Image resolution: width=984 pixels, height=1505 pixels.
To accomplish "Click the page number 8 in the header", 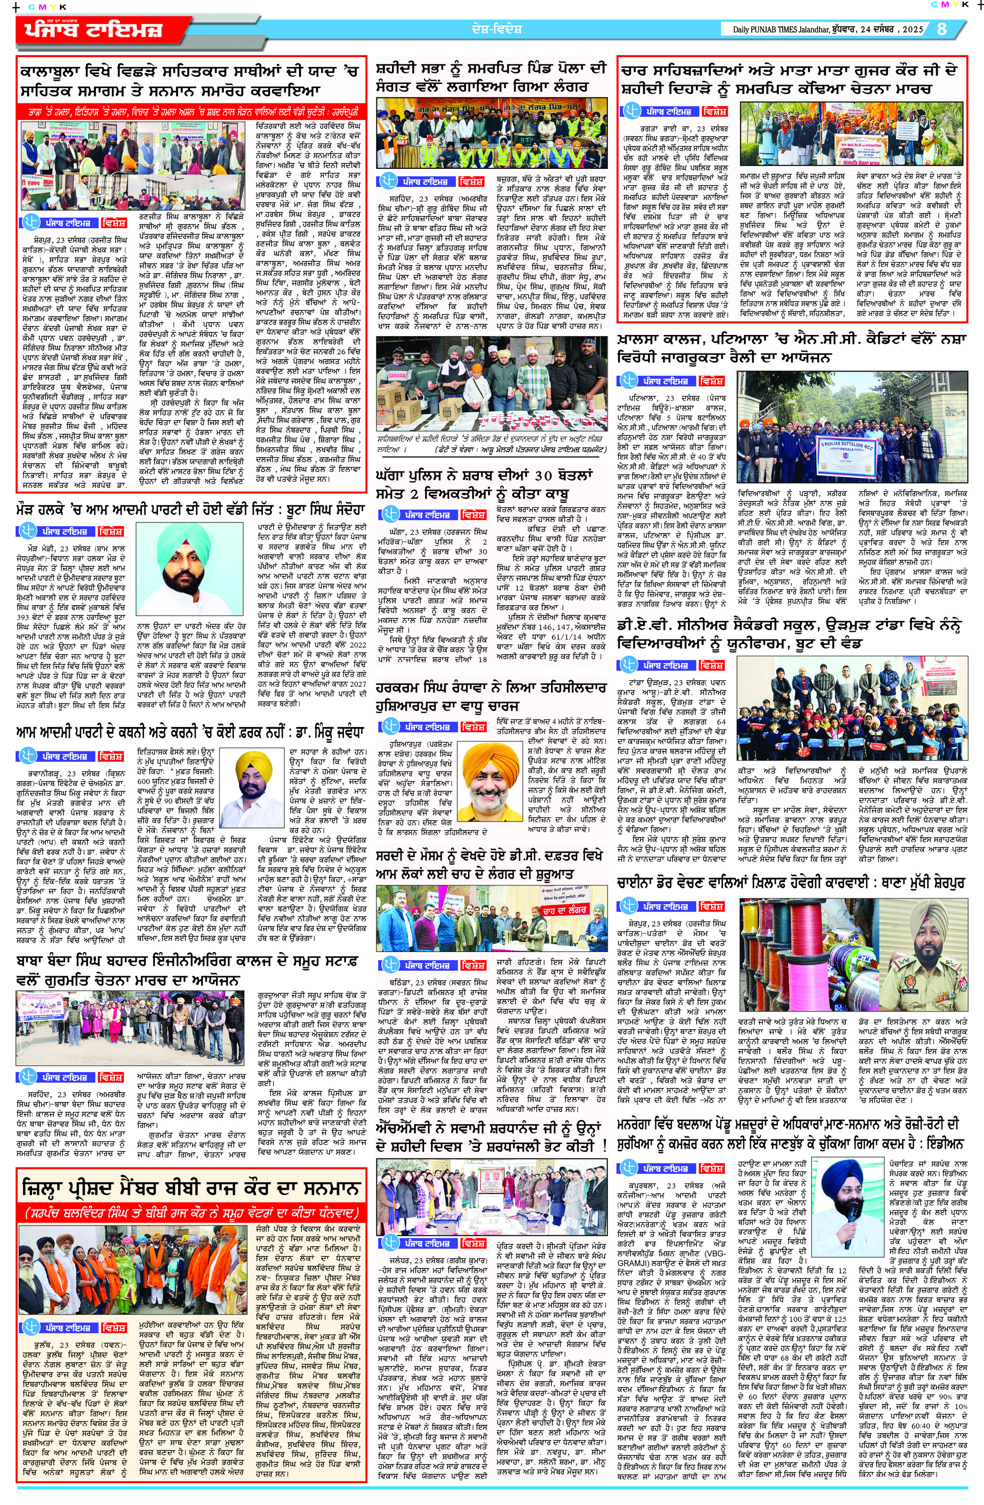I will point(942,29).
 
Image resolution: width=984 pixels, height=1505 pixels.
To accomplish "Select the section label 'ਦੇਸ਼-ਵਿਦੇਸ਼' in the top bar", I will point(496,29).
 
